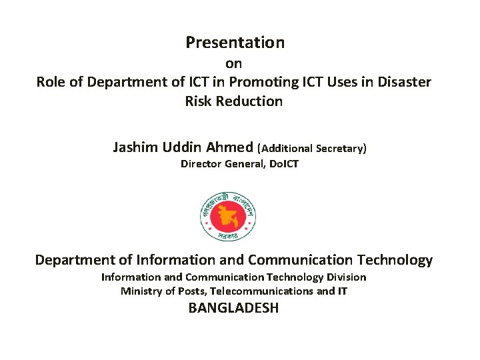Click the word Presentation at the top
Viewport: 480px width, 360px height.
(x=235, y=43)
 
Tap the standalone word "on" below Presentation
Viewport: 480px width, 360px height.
(x=233, y=65)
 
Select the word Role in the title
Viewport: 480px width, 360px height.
(x=50, y=82)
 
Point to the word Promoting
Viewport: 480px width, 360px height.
(x=247, y=82)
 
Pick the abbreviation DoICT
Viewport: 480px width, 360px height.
(x=283, y=164)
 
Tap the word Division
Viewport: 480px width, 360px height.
(x=346, y=277)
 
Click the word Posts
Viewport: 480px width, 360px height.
(x=191, y=291)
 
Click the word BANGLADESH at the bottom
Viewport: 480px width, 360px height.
(x=233, y=308)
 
